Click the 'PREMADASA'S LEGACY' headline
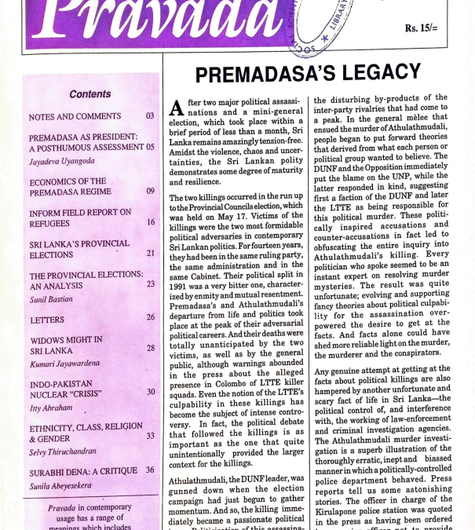coord(308,74)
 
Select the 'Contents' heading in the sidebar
coord(90,94)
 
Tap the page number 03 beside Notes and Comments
coord(150,116)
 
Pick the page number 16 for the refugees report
coord(150,222)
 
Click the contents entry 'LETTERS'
coord(46,320)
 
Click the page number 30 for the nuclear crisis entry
coord(150,391)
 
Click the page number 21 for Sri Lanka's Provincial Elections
coord(150,254)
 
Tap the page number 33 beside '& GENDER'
coord(150,436)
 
